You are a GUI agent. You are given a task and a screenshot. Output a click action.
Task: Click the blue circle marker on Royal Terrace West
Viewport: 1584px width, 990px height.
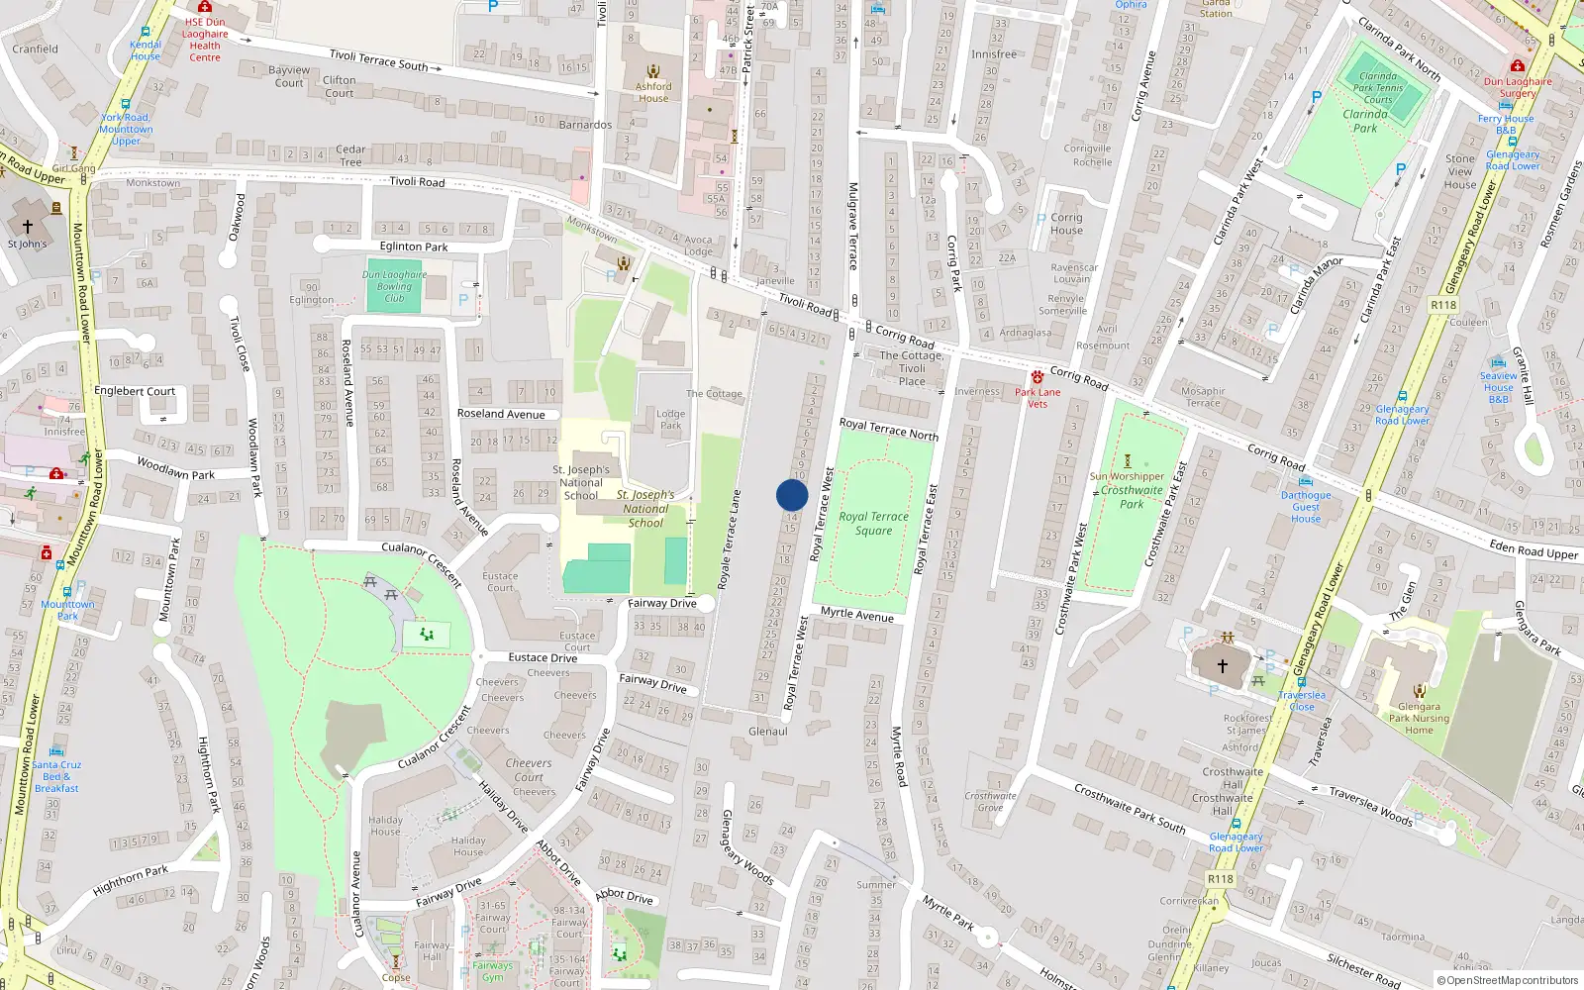click(792, 495)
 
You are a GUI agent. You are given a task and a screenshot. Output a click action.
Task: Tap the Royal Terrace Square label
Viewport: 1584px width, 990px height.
click(873, 523)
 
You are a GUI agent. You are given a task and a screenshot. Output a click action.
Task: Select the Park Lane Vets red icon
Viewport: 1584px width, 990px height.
click(1038, 378)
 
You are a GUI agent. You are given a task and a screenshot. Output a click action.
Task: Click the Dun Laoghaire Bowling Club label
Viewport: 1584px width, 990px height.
click(394, 286)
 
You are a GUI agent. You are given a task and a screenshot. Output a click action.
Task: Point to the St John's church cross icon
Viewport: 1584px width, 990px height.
click(28, 227)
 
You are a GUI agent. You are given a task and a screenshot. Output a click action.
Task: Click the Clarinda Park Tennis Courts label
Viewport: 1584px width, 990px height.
click(1378, 87)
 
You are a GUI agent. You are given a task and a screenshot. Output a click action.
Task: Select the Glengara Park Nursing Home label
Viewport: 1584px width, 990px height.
click(1419, 719)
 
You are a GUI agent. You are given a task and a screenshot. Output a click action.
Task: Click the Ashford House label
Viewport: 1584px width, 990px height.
click(653, 92)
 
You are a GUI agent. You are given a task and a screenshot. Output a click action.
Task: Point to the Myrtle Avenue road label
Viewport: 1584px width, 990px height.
click(856, 615)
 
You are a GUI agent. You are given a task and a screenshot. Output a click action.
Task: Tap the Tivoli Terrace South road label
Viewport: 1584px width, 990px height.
click(378, 60)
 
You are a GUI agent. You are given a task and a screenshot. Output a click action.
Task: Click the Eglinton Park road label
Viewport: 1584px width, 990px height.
click(414, 247)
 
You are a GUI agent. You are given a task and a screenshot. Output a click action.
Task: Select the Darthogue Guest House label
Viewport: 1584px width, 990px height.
click(1306, 507)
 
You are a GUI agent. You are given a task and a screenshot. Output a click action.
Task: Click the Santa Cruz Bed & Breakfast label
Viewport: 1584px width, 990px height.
click(56, 776)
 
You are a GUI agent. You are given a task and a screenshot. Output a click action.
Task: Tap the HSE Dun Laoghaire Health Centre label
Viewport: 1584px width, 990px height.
click(205, 40)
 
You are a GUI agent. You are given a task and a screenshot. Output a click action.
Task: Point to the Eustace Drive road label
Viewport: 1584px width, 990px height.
click(543, 657)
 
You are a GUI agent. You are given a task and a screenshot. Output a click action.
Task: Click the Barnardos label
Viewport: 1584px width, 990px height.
click(585, 125)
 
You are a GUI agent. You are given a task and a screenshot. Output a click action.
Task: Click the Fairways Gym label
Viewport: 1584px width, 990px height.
click(492, 971)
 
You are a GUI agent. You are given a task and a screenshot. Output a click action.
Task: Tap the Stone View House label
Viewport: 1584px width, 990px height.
click(1459, 171)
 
